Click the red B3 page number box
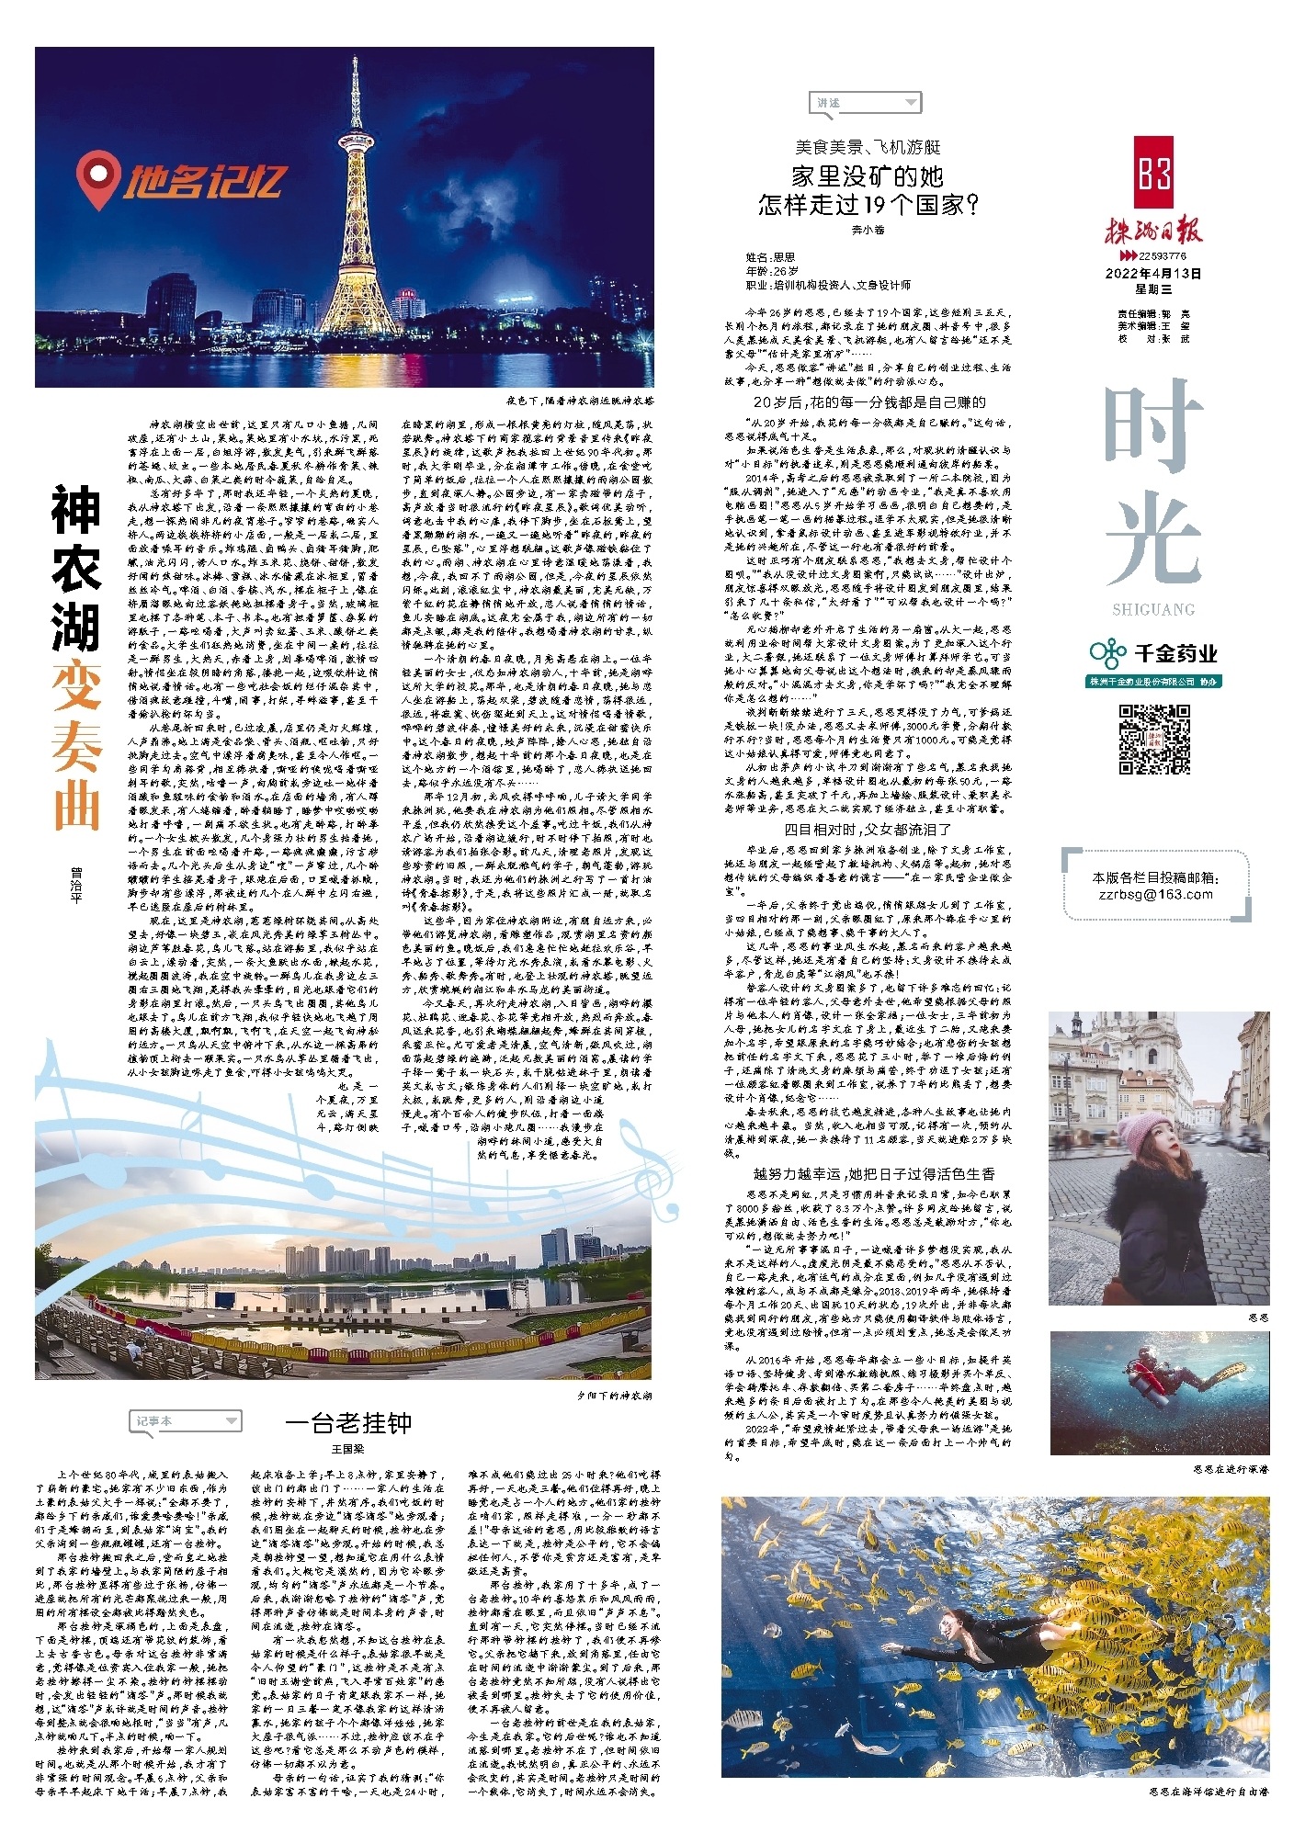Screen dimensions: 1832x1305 click(1153, 173)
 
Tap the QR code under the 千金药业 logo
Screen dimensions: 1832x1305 click(1154, 740)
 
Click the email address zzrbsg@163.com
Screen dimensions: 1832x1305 click(1155, 894)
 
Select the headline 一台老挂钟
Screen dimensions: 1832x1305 click(348, 1423)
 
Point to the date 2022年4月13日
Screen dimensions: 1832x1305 click(1153, 274)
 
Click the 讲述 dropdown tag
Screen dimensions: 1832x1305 click(865, 103)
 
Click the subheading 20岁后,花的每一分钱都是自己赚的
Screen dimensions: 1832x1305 click(868, 402)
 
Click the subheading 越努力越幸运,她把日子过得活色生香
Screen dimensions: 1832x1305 click(873, 1173)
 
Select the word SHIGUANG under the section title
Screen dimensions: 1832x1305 click(1153, 610)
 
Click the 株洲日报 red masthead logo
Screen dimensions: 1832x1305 click(1153, 230)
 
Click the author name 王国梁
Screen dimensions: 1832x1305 click(348, 1449)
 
